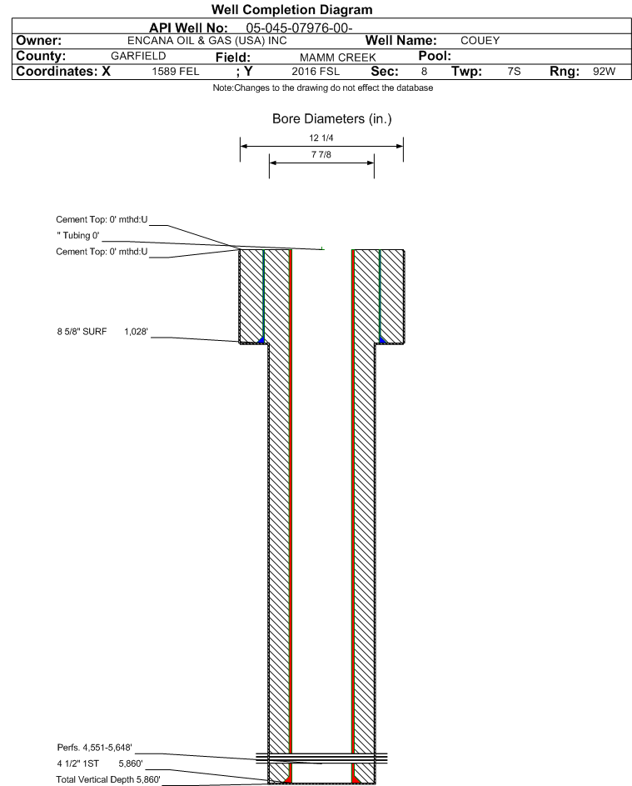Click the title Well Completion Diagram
click(x=292, y=9)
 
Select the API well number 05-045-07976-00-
click(x=299, y=28)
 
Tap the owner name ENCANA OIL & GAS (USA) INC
click(x=207, y=41)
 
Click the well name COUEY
click(x=480, y=41)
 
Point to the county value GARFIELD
click(x=138, y=56)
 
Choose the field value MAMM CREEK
click(x=337, y=58)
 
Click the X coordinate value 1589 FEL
click(x=175, y=71)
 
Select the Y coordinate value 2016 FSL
click(x=316, y=71)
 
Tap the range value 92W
click(x=604, y=71)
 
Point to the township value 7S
click(x=514, y=71)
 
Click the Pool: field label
click(x=435, y=56)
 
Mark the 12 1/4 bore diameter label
click(x=321, y=138)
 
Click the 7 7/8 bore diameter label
click(x=321, y=154)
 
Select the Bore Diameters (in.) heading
click(x=332, y=119)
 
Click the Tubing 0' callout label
click(x=78, y=236)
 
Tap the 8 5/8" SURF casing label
click(x=82, y=332)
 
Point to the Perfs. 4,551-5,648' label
click(x=95, y=748)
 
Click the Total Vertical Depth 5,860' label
click(x=108, y=779)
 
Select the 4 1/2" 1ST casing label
click(x=77, y=763)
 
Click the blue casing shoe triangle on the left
click(x=261, y=340)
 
